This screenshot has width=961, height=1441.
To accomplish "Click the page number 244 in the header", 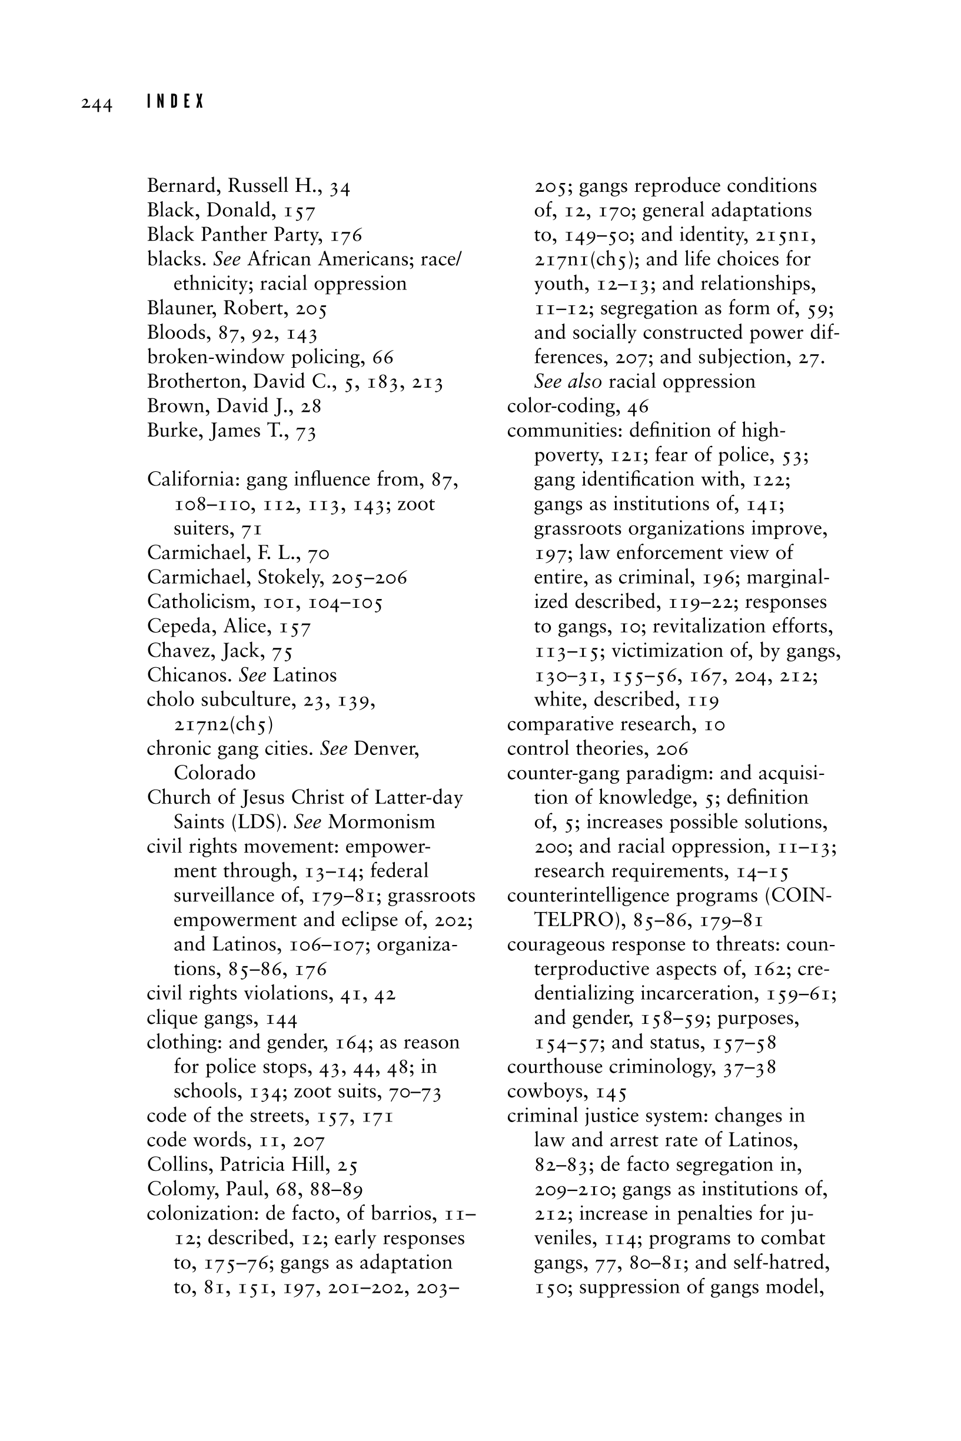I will click(97, 104).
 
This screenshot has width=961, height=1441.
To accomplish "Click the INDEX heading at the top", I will click(175, 102).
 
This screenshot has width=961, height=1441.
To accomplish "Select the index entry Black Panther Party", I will click(236, 235).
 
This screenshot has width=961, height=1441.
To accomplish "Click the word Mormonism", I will click(381, 822).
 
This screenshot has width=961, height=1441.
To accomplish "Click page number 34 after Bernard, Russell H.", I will click(340, 187).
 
